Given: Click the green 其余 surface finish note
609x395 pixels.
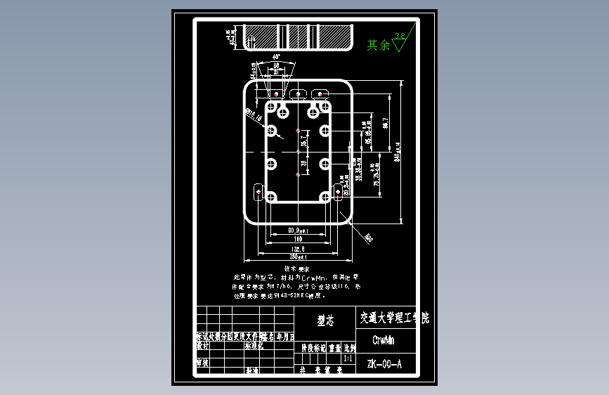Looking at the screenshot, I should [x=378, y=45].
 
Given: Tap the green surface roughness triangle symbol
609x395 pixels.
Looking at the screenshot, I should [x=401, y=44].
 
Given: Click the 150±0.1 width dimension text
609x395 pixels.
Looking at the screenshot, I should [x=299, y=257].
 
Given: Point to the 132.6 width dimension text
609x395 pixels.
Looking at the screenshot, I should [x=299, y=249].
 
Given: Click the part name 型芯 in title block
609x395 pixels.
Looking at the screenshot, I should [x=325, y=320].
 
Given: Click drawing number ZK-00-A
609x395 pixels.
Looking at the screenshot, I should [x=384, y=364].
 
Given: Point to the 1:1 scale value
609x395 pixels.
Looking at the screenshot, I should [x=348, y=358].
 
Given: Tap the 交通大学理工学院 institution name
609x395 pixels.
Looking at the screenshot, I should [x=393, y=318].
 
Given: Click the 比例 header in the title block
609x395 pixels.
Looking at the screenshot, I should [x=349, y=347].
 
